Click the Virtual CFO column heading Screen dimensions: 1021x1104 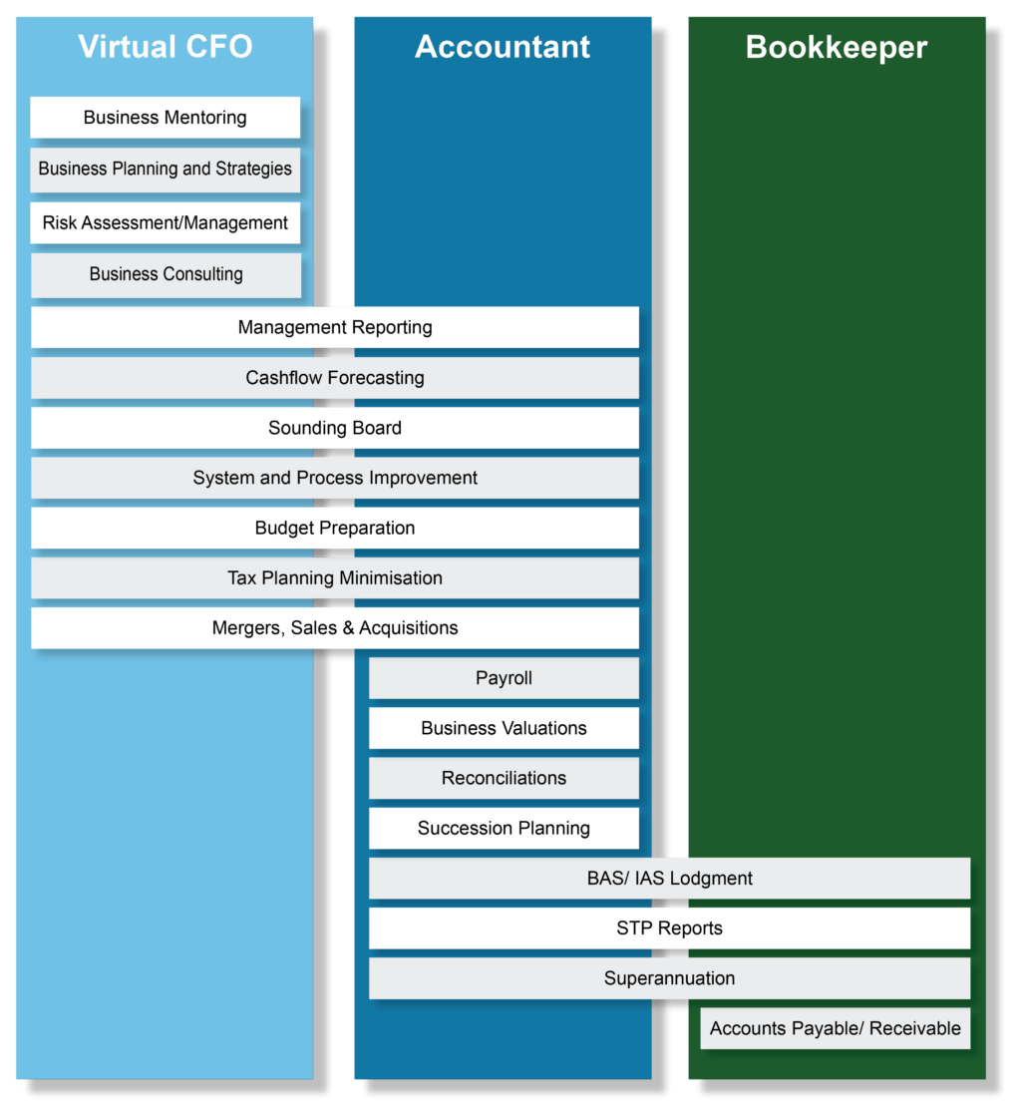[165, 47]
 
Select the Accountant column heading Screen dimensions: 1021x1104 [503, 47]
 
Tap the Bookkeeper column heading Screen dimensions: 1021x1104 [837, 48]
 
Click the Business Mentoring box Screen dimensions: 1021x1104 [166, 118]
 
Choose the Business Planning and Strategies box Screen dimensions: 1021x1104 [166, 170]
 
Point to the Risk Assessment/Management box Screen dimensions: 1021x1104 [166, 223]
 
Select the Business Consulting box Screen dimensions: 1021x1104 [167, 274]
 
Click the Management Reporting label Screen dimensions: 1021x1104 [335, 327]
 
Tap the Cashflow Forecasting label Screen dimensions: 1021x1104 [335, 378]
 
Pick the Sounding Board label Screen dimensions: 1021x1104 [335, 428]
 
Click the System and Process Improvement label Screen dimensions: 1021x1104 [335, 478]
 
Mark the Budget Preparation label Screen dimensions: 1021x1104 [335, 528]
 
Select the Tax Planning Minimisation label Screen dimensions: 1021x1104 [335, 578]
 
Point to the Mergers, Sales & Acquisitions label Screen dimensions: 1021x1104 [335, 628]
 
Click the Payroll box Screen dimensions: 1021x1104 [505, 678]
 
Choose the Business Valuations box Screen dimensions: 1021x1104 [505, 728]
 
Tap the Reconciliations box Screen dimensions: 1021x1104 [505, 778]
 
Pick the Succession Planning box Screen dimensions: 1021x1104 [505, 828]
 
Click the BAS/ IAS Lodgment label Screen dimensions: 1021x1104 [670, 879]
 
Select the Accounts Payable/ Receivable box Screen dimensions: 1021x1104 [836, 1028]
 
